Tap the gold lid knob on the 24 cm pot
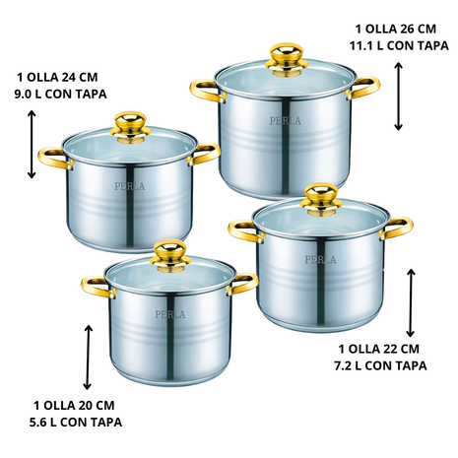(130, 127)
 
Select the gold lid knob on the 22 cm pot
(321, 200)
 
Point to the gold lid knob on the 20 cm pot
(169, 256)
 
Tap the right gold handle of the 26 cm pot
(363, 88)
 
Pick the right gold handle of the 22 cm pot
(396, 228)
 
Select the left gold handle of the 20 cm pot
(98, 287)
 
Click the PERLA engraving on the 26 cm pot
(285, 121)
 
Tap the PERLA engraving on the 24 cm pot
(129, 186)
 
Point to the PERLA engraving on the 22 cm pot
(320, 259)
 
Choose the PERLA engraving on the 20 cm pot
(170, 314)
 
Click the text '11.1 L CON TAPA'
(399, 46)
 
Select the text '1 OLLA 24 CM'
(57, 77)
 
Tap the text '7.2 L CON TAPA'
(380, 365)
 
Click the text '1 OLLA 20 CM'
(74, 405)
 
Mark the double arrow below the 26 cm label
(398, 97)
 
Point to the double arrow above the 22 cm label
(411, 302)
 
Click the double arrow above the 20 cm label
(88, 358)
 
